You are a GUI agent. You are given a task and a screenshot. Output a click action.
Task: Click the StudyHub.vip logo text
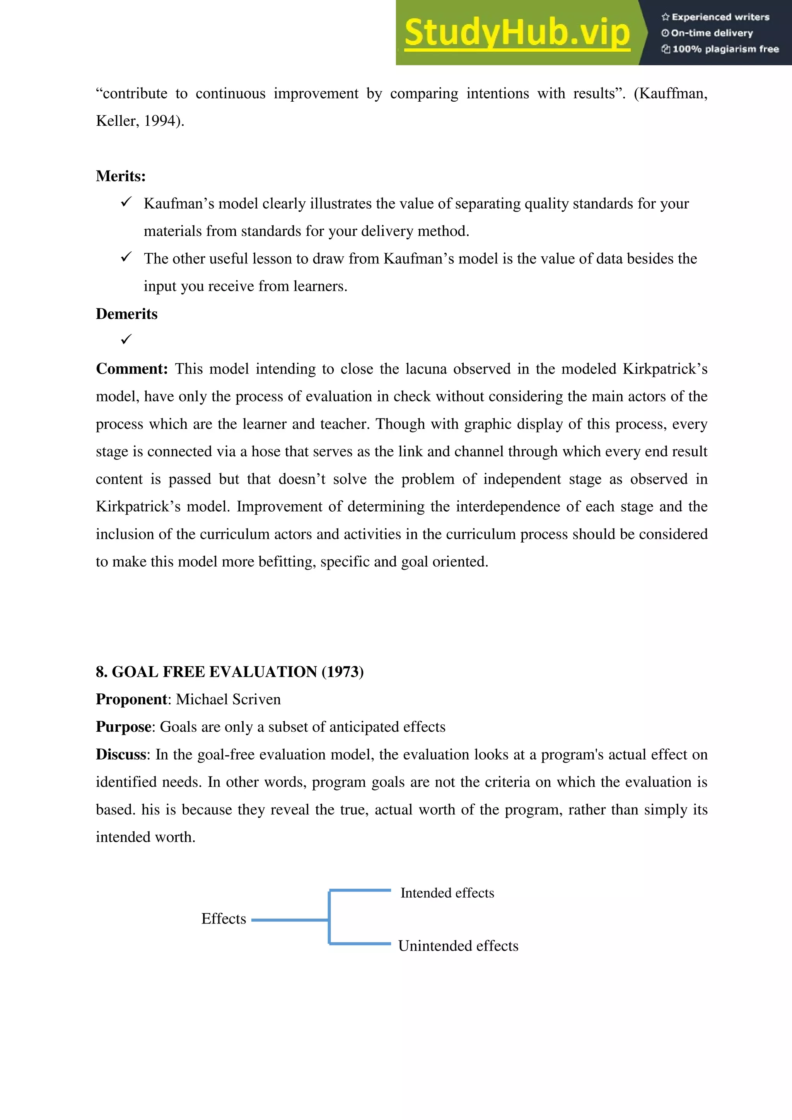(x=517, y=33)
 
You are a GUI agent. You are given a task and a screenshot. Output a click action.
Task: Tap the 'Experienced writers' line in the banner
(x=715, y=17)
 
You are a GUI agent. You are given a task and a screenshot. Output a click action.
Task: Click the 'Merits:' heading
(x=120, y=176)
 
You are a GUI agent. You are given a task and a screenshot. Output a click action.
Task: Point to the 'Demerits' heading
(x=126, y=314)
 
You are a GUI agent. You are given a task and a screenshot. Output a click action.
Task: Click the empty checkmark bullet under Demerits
(x=126, y=339)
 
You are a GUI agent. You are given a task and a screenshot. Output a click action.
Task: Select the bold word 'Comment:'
(x=131, y=369)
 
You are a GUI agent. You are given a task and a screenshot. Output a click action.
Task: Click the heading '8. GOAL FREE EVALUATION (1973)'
(x=229, y=672)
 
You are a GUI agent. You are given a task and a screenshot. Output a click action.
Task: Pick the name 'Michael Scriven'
(x=228, y=700)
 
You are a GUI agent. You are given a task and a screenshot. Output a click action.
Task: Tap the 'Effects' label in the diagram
(x=224, y=919)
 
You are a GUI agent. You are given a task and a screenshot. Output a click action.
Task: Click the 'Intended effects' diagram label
(x=447, y=893)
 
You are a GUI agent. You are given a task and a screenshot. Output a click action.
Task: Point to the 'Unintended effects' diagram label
(x=458, y=946)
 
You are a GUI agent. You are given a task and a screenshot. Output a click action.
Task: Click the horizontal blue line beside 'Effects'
(x=290, y=920)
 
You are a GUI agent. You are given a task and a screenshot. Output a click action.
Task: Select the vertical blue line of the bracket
(x=329, y=917)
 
